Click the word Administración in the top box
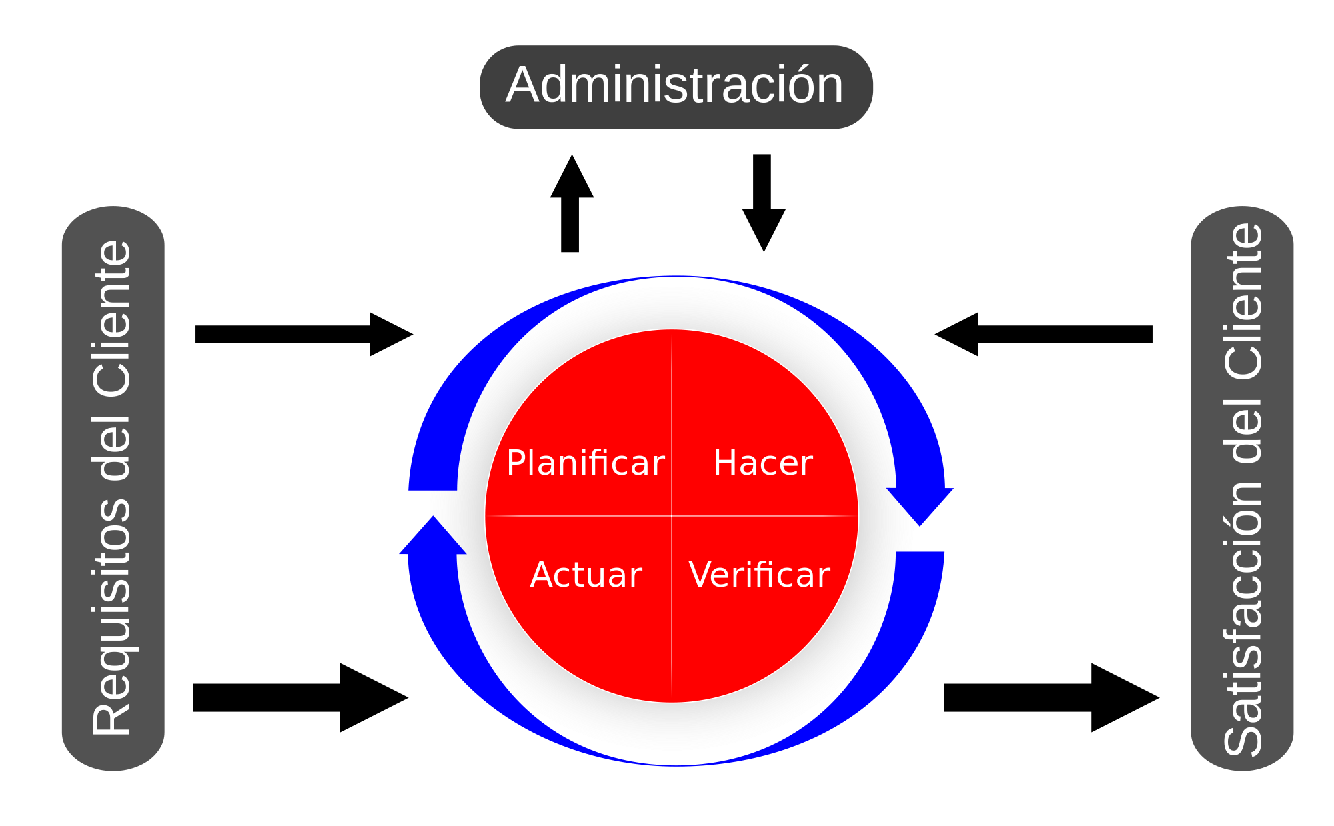coord(675,85)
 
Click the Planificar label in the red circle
coord(585,463)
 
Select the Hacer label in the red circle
coord(763,463)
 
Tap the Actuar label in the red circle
coord(586,575)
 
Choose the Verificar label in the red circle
coord(759,575)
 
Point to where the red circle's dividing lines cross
coord(672,516)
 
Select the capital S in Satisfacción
coord(1243,737)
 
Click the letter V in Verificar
coord(702,575)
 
